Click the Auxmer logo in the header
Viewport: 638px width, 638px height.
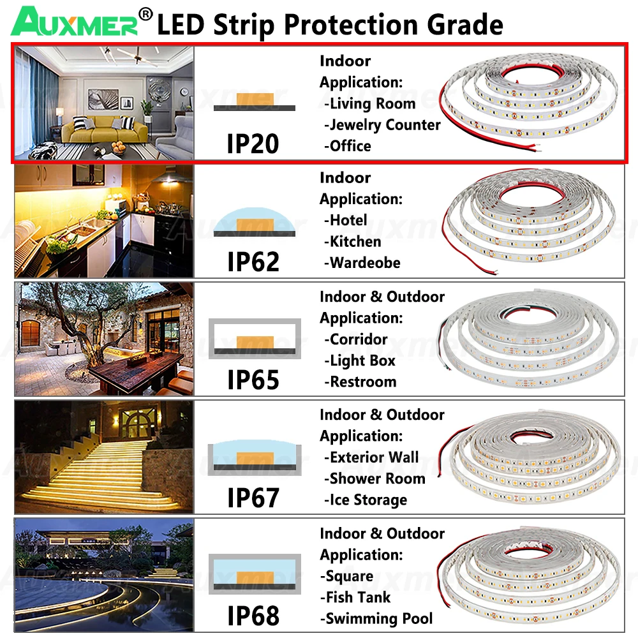coord(77,22)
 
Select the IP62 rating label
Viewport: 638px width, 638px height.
coord(253,262)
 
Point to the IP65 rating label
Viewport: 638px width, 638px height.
coord(253,380)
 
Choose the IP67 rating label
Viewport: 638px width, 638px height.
coord(253,498)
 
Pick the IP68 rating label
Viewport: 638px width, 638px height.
coord(253,616)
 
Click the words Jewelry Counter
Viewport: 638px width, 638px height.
coord(385,125)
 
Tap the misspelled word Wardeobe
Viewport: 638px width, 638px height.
coord(364,263)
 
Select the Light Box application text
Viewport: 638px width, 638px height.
coord(362,361)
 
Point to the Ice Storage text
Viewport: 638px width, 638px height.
coord(368,500)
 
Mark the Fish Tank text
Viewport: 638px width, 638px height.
coord(358,598)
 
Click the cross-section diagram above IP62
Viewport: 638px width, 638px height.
coord(254,224)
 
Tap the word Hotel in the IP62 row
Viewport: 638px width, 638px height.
coord(348,221)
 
